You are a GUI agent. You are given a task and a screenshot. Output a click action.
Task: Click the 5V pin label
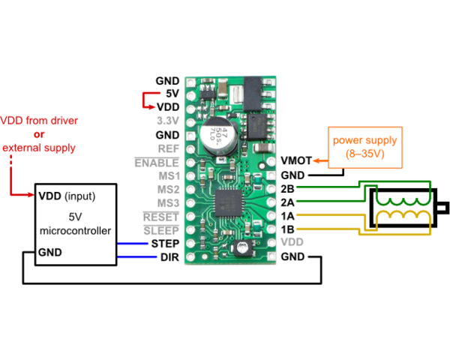pyautogui.click(x=171, y=94)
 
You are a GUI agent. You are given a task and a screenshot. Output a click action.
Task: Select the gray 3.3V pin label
pyautogui.click(x=168, y=121)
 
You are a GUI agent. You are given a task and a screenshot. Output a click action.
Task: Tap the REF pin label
pyautogui.click(x=169, y=148)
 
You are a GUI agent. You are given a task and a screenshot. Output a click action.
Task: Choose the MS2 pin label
pyautogui.click(x=168, y=190)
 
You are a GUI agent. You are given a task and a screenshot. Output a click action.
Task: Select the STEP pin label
pyautogui.click(x=164, y=244)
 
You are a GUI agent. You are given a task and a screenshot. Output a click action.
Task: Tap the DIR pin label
pyautogui.click(x=169, y=257)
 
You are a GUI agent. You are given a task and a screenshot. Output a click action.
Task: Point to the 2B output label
pyautogui.click(x=287, y=188)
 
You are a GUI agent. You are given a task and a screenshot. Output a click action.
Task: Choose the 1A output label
pyautogui.click(x=287, y=216)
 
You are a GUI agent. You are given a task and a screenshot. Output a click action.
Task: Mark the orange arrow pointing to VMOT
pyautogui.click(x=321, y=160)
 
